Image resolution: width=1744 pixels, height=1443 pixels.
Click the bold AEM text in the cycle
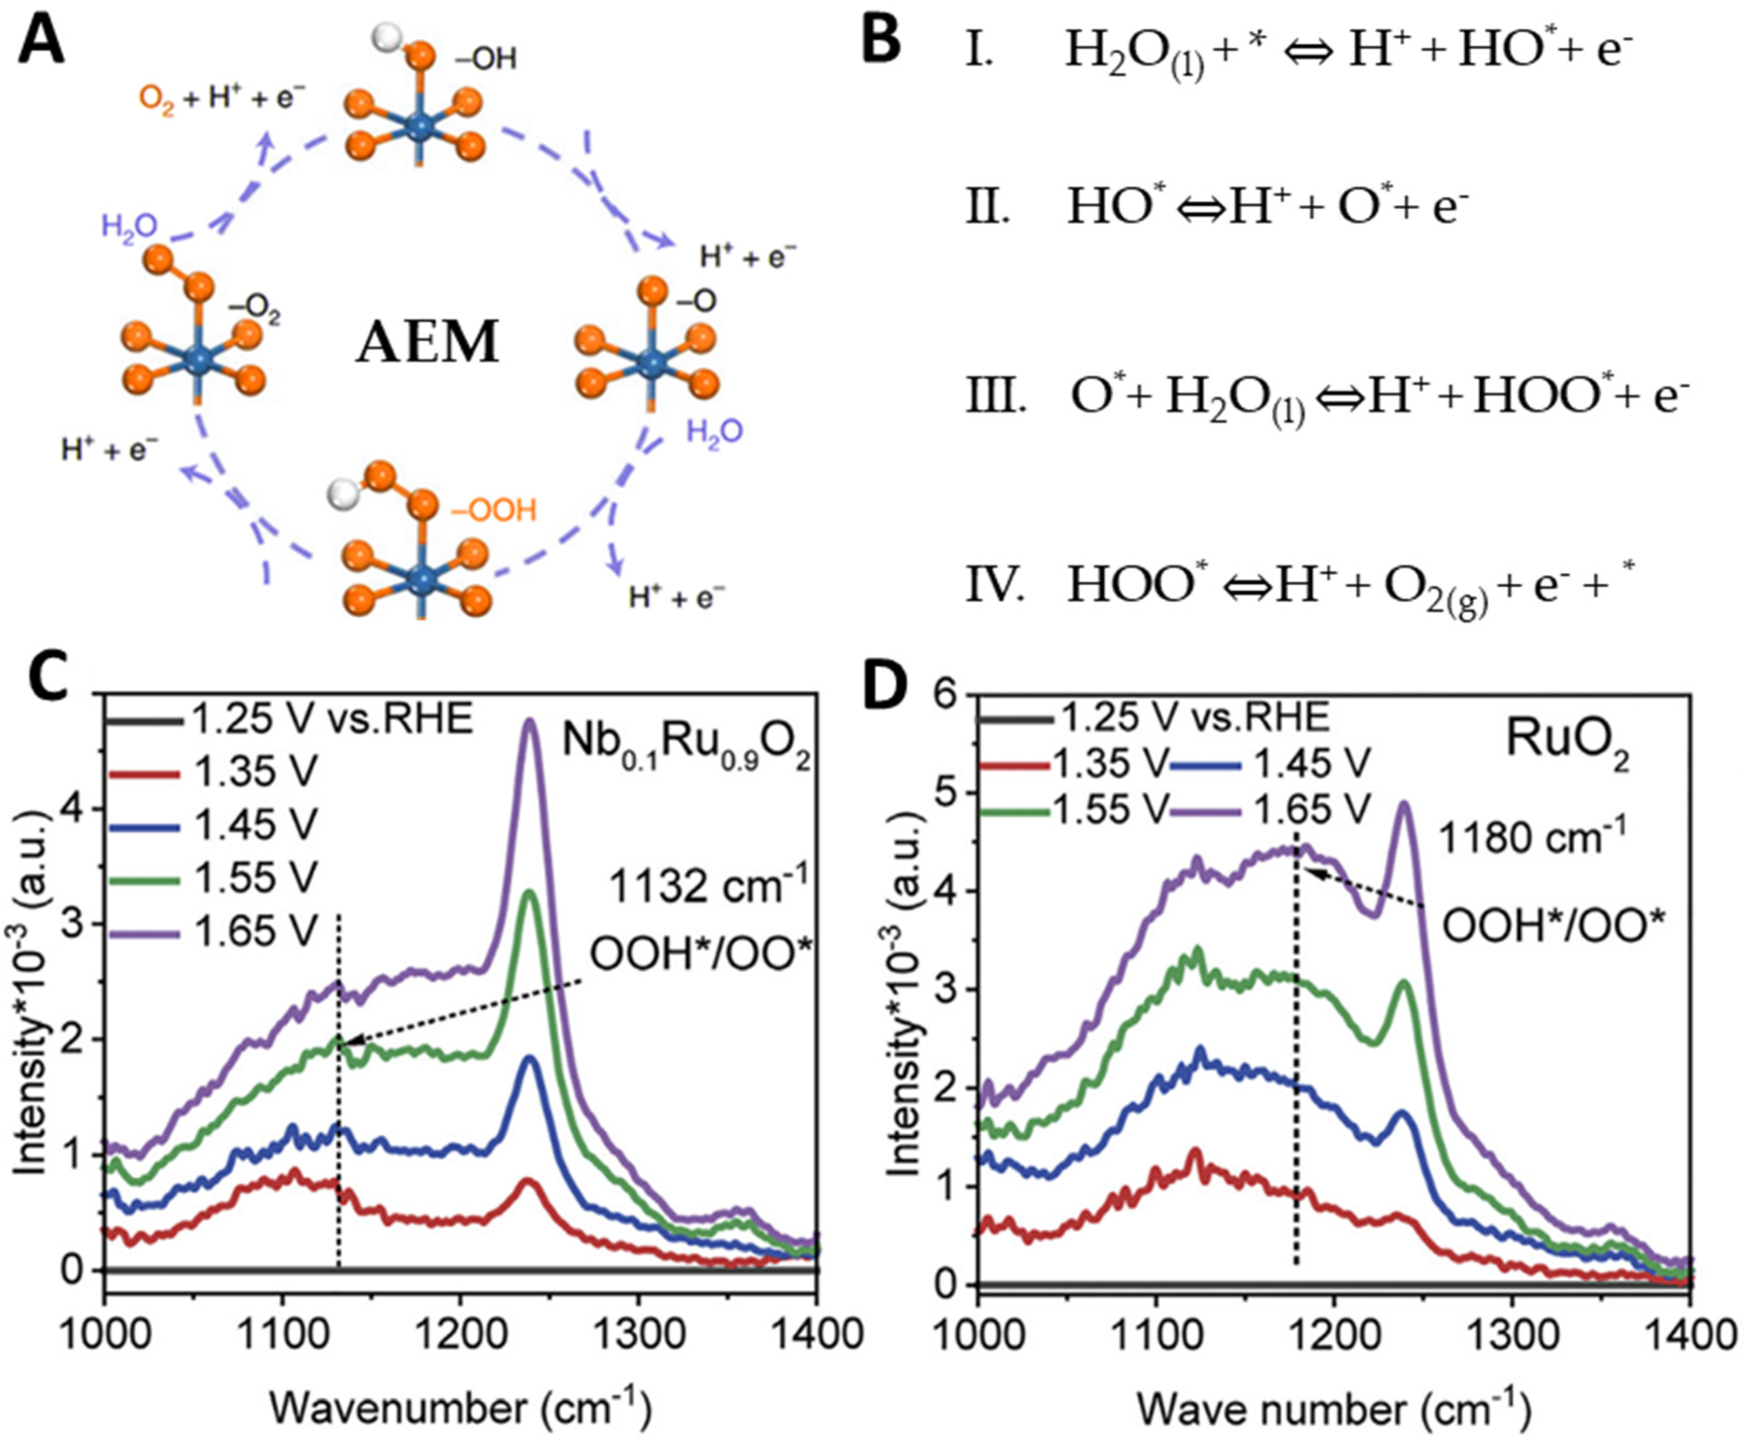click(x=427, y=342)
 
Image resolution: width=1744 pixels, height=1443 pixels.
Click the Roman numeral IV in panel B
click(x=995, y=586)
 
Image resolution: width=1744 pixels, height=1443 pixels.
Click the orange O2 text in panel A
click(x=156, y=100)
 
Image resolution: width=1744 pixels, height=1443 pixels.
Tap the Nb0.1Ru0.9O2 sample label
click(x=685, y=744)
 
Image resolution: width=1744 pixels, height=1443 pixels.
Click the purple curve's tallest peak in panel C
click(x=530, y=721)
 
